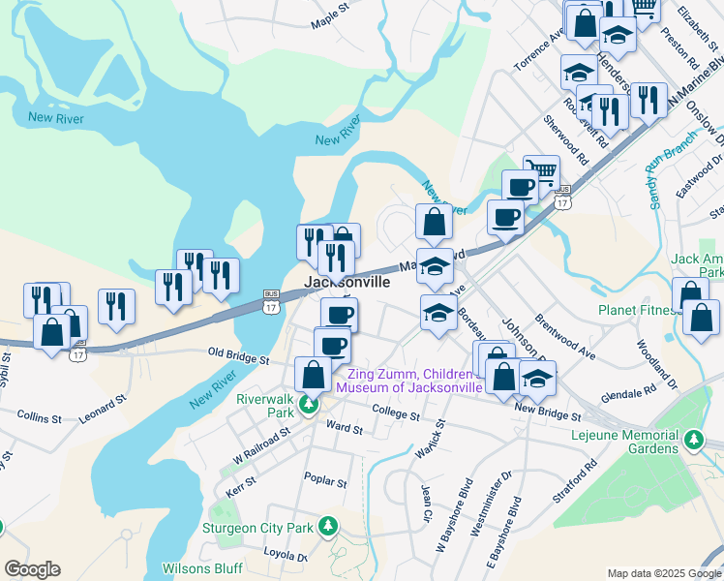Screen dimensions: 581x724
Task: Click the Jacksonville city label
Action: coord(348,282)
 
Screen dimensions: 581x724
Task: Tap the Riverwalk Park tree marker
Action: coord(308,405)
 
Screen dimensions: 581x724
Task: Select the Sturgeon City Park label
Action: coord(257,528)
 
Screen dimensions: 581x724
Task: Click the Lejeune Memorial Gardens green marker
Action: coord(694,442)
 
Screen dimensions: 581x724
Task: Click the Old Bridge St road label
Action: coord(238,358)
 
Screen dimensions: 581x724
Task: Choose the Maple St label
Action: coord(329,22)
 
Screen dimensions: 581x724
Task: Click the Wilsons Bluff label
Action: coord(200,568)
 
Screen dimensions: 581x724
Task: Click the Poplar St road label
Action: coord(325,480)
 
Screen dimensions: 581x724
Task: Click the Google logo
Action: coord(32,569)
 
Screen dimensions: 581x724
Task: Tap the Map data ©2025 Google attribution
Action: coord(663,573)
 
